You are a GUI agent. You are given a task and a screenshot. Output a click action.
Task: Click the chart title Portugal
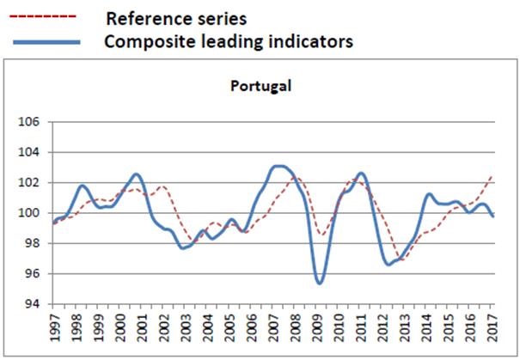[x=260, y=86]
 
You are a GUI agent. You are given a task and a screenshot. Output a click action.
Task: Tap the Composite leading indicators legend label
[x=228, y=40]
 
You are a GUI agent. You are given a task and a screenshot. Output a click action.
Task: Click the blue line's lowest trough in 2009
[x=320, y=283]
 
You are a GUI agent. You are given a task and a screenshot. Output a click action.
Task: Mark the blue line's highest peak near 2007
[x=278, y=166]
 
